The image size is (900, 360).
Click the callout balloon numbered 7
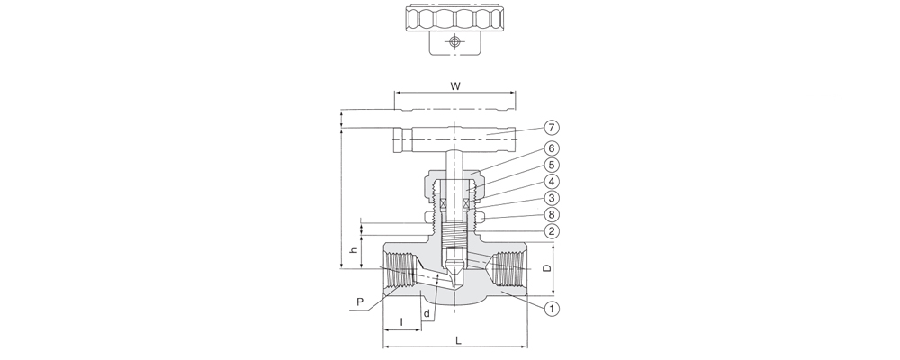pos(551,128)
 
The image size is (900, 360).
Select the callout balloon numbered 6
pos(551,148)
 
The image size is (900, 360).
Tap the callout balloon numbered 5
pos(551,166)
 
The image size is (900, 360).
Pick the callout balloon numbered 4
pos(551,182)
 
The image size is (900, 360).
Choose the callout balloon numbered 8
pos(551,215)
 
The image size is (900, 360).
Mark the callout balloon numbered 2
pos(551,231)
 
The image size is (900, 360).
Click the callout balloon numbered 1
pos(551,309)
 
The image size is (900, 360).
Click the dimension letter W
pos(455,86)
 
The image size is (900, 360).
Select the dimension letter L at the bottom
pos(458,340)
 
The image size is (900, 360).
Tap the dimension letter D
pos(547,268)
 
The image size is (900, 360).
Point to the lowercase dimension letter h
pos(354,250)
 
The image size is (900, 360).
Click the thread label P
pos(360,302)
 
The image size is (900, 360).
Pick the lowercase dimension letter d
pos(427,313)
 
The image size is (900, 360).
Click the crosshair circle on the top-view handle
pos(454,41)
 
